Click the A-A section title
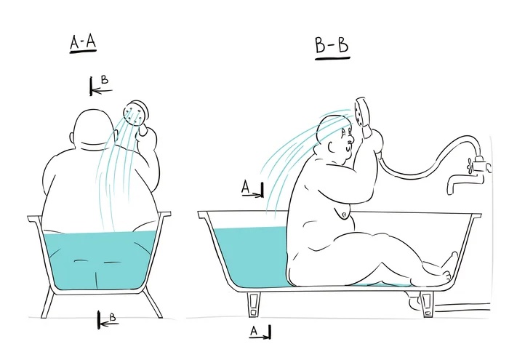(84, 43)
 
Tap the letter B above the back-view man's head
(105, 80)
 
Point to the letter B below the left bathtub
(113, 317)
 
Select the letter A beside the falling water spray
(246, 188)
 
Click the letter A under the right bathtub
(254, 331)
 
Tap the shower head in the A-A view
(136, 113)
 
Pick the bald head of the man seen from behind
(89, 128)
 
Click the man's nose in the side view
(351, 140)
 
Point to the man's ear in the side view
(332, 148)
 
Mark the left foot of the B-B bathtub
(254, 304)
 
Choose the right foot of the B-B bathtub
(427, 304)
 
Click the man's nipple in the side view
(343, 215)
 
